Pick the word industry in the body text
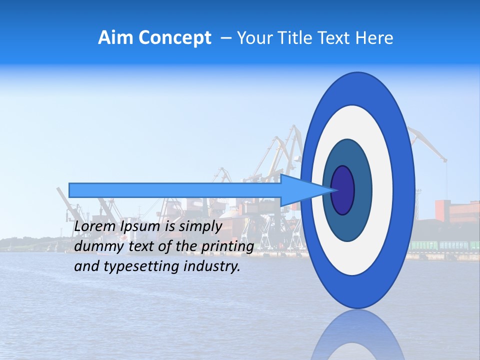pyautogui.click(x=211, y=266)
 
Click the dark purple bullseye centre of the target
pyautogui.click(x=342, y=190)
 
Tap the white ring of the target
pyautogui.click(x=383, y=190)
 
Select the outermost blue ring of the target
pyautogui.click(x=405, y=190)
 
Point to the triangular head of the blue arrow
pyautogui.click(x=305, y=190)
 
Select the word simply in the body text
pyautogui.click(x=200, y=227)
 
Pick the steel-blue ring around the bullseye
pyautogui.click(x=362, y=190)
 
